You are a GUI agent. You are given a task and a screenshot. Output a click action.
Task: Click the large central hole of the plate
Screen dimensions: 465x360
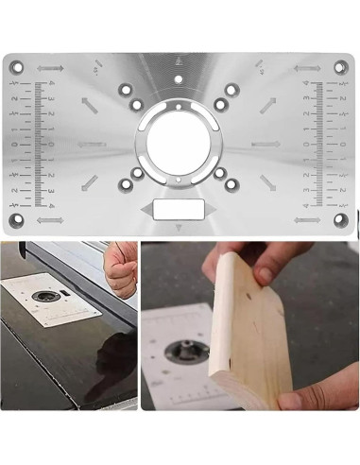[179, 141]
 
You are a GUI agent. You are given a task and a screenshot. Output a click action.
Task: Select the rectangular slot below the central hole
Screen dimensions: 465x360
[179, 209]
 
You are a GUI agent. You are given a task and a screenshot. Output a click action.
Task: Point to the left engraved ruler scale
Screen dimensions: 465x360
[38, 144]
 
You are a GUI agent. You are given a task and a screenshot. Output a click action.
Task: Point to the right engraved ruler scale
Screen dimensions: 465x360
[320, 144]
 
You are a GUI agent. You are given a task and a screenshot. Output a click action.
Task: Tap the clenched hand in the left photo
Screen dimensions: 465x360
[115, 265]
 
